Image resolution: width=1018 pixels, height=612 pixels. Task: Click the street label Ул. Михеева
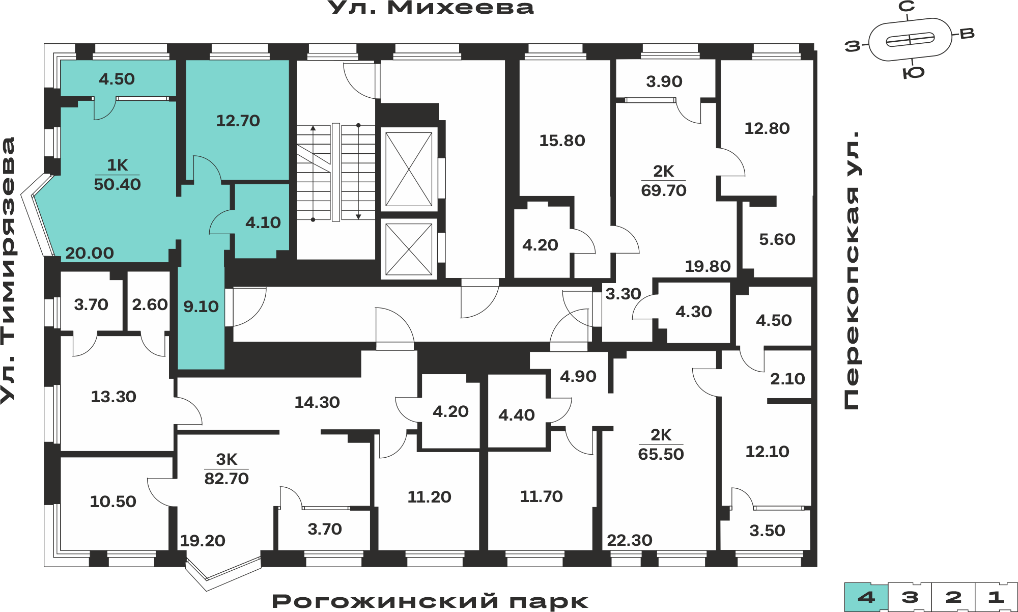coord(431,8)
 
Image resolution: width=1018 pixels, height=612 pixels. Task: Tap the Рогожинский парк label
coord(430,601)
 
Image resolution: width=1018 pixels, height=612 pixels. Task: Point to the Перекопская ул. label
coord(851,270)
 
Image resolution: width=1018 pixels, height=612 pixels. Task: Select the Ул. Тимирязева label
coord(9,270)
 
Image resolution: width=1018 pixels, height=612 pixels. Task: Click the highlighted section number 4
coord(866,597)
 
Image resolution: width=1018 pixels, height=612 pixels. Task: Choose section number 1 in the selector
coord(996,597)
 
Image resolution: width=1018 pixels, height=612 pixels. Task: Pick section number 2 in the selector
coord(953,597)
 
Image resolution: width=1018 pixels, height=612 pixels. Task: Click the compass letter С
coord(907,7)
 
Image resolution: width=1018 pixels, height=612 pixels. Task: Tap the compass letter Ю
coord(913,73)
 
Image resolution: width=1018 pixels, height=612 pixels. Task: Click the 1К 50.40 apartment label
coord(117,175)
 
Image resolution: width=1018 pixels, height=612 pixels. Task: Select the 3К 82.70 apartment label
coord(227,469)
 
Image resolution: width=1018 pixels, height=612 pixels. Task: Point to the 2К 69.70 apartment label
coord(664,181)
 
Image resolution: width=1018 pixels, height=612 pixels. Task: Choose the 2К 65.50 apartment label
coord(661,444)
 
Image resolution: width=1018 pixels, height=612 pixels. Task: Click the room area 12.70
coord(238,121)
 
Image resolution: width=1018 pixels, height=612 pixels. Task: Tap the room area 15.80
coord(562,141)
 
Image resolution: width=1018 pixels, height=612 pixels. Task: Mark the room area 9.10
coord(201,307)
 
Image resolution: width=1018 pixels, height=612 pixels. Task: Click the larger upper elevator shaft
coord(409,169)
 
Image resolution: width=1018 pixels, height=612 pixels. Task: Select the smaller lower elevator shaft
coord(409,249)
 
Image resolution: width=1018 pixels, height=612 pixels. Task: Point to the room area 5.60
coord(777,239)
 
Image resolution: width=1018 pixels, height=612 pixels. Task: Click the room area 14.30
coord(317,402)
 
